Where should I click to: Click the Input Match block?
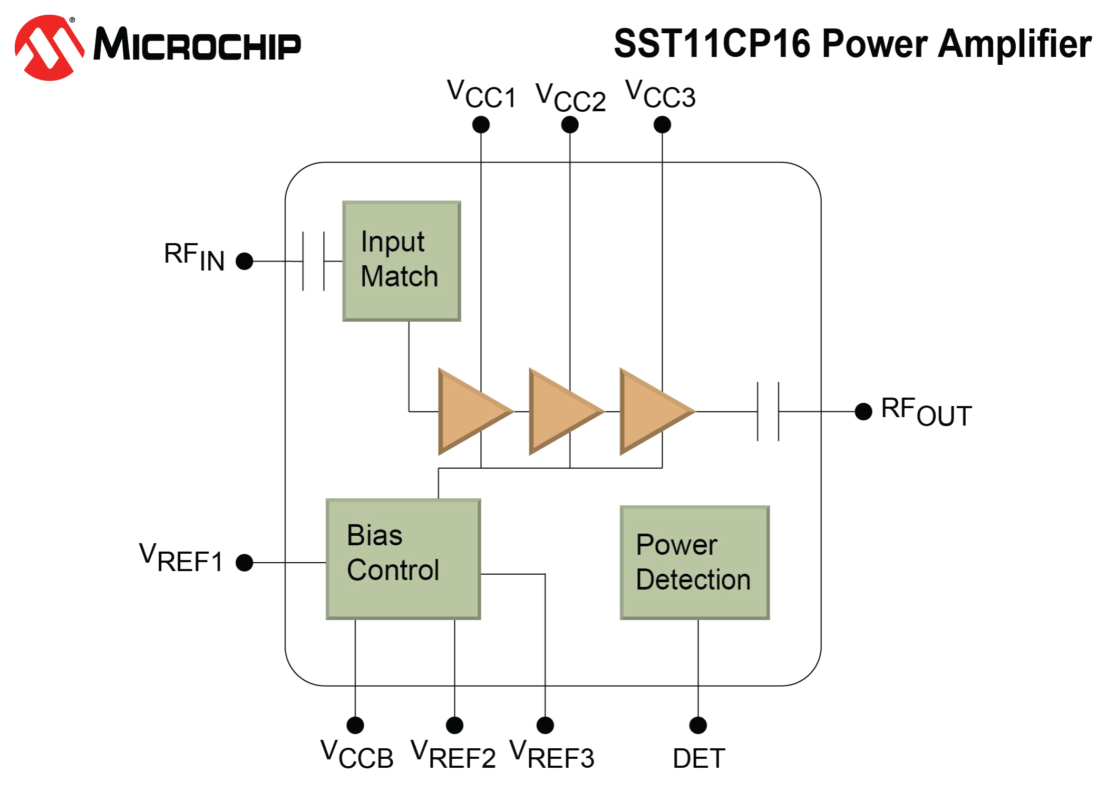coord(402,261)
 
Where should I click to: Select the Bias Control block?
coord(403,559)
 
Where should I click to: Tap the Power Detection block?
coord(695,563)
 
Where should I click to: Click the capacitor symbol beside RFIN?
coord(314,261)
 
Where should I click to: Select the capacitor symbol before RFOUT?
coord(768,411)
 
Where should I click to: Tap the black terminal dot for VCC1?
coord(481,125)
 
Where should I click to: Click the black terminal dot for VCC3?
coord(662,125)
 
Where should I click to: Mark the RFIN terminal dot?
coord(245,261)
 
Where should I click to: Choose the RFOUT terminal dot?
coord(863,411)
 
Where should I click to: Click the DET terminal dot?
coord(698,725)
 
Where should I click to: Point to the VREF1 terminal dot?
coord(245,563)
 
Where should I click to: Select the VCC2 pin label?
coord(570,98)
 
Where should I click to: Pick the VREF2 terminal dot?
coord(454,725)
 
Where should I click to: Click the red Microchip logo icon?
coord(50,47)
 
